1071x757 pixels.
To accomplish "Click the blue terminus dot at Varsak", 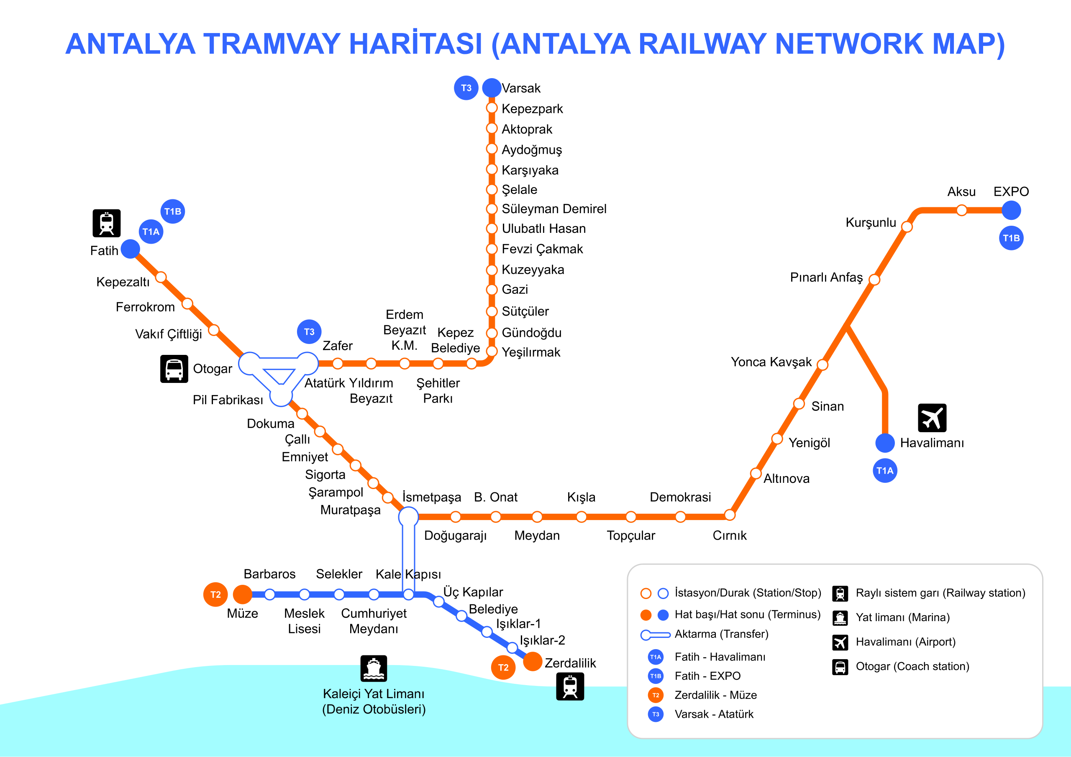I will [x=491, y=88].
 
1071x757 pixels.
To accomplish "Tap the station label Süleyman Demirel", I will [x=553, y=209].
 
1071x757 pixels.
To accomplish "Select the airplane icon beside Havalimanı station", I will [x=932, y=418].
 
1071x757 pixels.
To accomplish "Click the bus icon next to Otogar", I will [x=174, y=369].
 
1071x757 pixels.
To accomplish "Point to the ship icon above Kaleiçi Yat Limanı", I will [x=374, y=668].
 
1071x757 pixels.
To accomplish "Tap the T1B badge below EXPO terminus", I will [x=1011, y=238].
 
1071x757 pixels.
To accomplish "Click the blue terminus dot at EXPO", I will [x=1011, y=210].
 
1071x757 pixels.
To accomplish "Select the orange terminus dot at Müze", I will [x=243, y=594].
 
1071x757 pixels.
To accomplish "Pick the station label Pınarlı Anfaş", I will [x=826, y=278].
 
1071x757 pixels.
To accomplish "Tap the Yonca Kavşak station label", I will [x=771, y=362].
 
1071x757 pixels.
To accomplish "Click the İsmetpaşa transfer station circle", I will [x=408, y=516].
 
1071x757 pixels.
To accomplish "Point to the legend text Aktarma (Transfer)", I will [x=721, y=634].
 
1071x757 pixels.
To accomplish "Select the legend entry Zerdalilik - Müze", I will [x=715, y=695].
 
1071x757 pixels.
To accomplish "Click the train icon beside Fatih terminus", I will [x=106, y=223].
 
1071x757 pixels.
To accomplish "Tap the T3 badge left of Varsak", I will [x=466, y=88].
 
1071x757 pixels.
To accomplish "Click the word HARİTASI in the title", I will [x=415, y=44].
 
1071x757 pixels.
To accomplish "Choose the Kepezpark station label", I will [x=532, y=109].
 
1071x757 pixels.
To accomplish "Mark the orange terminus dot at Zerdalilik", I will [x=532, y=661].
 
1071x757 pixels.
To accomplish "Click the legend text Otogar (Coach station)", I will [x=912, y=667].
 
